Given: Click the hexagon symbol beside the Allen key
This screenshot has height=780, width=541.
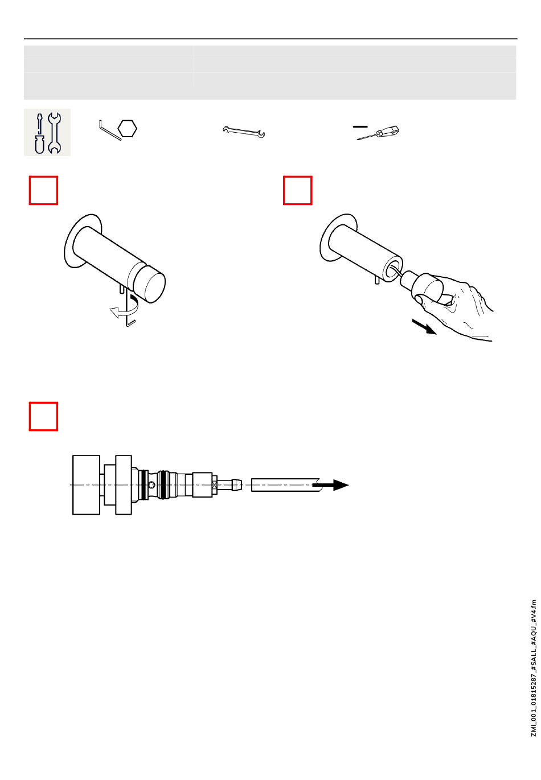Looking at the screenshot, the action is click(127, 129).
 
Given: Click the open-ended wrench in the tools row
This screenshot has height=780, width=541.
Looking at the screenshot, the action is click(244, 132).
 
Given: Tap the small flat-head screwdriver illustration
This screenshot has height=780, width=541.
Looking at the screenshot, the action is click(378, 133).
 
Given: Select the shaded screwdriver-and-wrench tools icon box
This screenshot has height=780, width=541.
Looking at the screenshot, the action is click(47, 132).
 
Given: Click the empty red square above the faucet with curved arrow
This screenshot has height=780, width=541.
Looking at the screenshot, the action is click(43, 191).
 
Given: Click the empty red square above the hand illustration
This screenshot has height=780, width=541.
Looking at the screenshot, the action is click(297, 191).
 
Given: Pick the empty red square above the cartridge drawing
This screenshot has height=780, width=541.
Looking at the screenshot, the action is click(43, 416).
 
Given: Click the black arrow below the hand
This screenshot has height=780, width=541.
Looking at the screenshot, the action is click(424, 326).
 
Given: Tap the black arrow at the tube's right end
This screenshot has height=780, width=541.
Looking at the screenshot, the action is click(330, 485).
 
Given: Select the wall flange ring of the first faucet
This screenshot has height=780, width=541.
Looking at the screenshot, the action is click(82, 241).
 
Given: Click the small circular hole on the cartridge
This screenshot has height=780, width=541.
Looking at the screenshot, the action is click(152, 485).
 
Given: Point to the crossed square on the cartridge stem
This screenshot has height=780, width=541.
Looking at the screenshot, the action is click(215, 485).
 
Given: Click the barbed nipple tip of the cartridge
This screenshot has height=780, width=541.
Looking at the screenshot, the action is click(236, 485).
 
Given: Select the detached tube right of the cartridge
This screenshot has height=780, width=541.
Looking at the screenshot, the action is click(286, 485).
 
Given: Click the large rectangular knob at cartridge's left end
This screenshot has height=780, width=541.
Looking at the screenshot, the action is click(86, 485).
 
